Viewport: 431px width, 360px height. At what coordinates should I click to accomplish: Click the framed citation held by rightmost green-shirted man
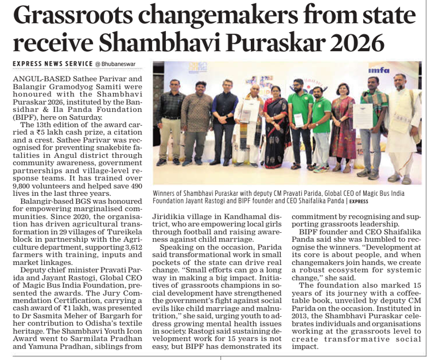pyautogui.click(x=363, y=116)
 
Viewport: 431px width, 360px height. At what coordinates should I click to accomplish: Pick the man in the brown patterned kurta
pyautogui.click(x=197, y=120)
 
